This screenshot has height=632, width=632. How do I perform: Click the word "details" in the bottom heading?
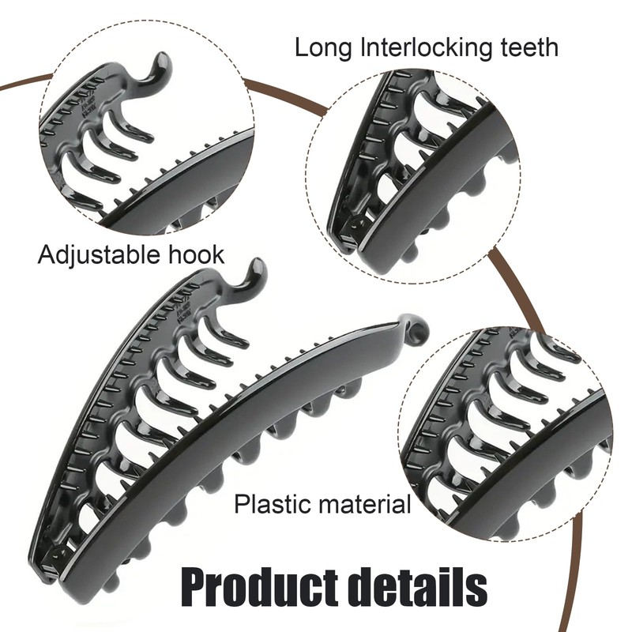click(409, 586)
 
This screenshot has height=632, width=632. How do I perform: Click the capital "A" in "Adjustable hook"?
click(46, 254)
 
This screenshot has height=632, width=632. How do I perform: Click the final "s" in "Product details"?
click(476, 588)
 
